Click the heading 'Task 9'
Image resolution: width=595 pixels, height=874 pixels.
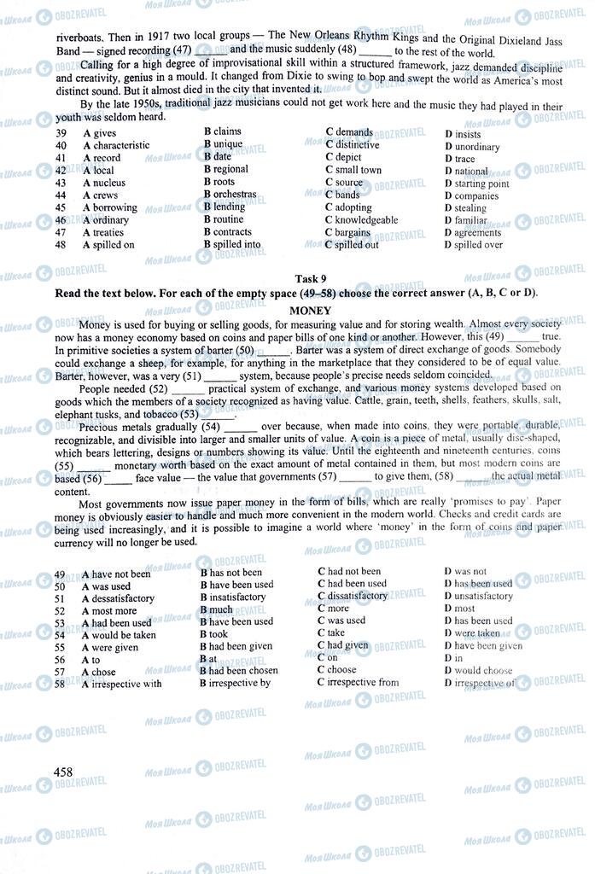coord(310,279)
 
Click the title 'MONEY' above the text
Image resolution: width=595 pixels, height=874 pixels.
coord(310,311)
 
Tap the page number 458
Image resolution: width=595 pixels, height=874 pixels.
coord(63,772)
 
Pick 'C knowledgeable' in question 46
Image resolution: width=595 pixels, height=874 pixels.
coord(361,220)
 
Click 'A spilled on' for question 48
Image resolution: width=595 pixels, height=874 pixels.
coord(108,245)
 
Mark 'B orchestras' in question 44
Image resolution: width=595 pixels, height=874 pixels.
coord(230,195)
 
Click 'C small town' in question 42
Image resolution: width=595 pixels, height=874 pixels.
coord(353,170)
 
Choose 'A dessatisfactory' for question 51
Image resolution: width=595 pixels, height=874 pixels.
coord(118,598)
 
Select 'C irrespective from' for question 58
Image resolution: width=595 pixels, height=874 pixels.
coord(358,682)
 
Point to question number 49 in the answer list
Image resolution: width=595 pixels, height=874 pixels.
coord(60,574)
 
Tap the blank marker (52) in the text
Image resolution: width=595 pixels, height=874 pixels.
coord(159,389)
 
